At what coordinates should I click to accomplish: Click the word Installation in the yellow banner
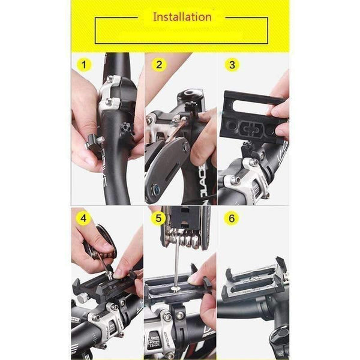(182, 16)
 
